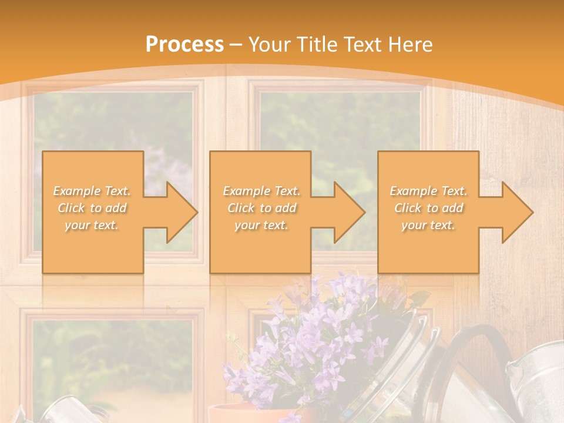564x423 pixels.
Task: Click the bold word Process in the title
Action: point(184,44)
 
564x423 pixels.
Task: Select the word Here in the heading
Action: point(411,44)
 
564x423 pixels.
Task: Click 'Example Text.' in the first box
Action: point(92,191)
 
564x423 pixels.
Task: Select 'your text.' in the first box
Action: point(92,225)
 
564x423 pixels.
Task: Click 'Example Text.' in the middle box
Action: point(261,191)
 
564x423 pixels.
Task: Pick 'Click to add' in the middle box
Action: point(261,208)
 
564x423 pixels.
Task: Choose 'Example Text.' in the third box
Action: point(428,191)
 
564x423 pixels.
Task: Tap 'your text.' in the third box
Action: point(428,225)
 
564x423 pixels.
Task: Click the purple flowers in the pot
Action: point(317,341)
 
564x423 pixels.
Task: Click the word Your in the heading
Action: point(270,44)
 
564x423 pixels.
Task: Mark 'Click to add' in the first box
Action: point(92,208)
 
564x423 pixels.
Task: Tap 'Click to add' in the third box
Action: point(428,208)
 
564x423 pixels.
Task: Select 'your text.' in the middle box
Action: point(261,225)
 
